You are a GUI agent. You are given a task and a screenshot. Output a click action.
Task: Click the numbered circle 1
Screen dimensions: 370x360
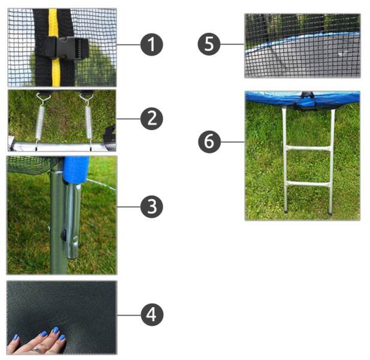point(152,44)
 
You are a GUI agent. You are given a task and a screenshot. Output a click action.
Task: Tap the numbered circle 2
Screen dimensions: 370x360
point(152,119)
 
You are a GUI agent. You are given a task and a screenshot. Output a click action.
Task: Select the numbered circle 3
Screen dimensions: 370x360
point(152,206)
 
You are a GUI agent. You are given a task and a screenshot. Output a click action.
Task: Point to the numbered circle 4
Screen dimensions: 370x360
point(152,314)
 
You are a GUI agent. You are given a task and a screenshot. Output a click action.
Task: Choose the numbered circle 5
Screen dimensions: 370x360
point(209,44)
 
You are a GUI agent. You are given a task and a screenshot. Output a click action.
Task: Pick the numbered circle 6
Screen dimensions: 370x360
point(209,142)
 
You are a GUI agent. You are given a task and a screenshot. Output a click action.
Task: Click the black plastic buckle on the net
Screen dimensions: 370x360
point(72,49)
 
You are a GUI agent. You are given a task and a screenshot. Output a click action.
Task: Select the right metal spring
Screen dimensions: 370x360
point(89,122)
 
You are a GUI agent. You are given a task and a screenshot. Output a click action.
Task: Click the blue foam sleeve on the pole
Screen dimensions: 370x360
point(76,169)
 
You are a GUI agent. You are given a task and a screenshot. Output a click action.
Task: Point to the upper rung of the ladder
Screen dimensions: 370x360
point(308,148)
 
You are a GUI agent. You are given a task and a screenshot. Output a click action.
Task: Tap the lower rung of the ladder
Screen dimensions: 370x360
point(308,184)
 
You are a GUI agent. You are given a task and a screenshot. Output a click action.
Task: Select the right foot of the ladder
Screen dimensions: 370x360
point(330,213)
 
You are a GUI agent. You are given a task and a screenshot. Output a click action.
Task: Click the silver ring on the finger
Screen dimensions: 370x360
point(37,350)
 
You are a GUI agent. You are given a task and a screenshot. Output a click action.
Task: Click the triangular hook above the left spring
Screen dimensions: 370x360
point(43,97)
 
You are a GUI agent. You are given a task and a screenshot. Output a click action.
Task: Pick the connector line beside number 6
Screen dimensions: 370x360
point(233,142)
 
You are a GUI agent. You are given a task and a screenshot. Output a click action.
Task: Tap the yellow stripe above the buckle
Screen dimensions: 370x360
point(53,23)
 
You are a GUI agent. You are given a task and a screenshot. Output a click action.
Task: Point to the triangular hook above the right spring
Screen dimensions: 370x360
point(86,97)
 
